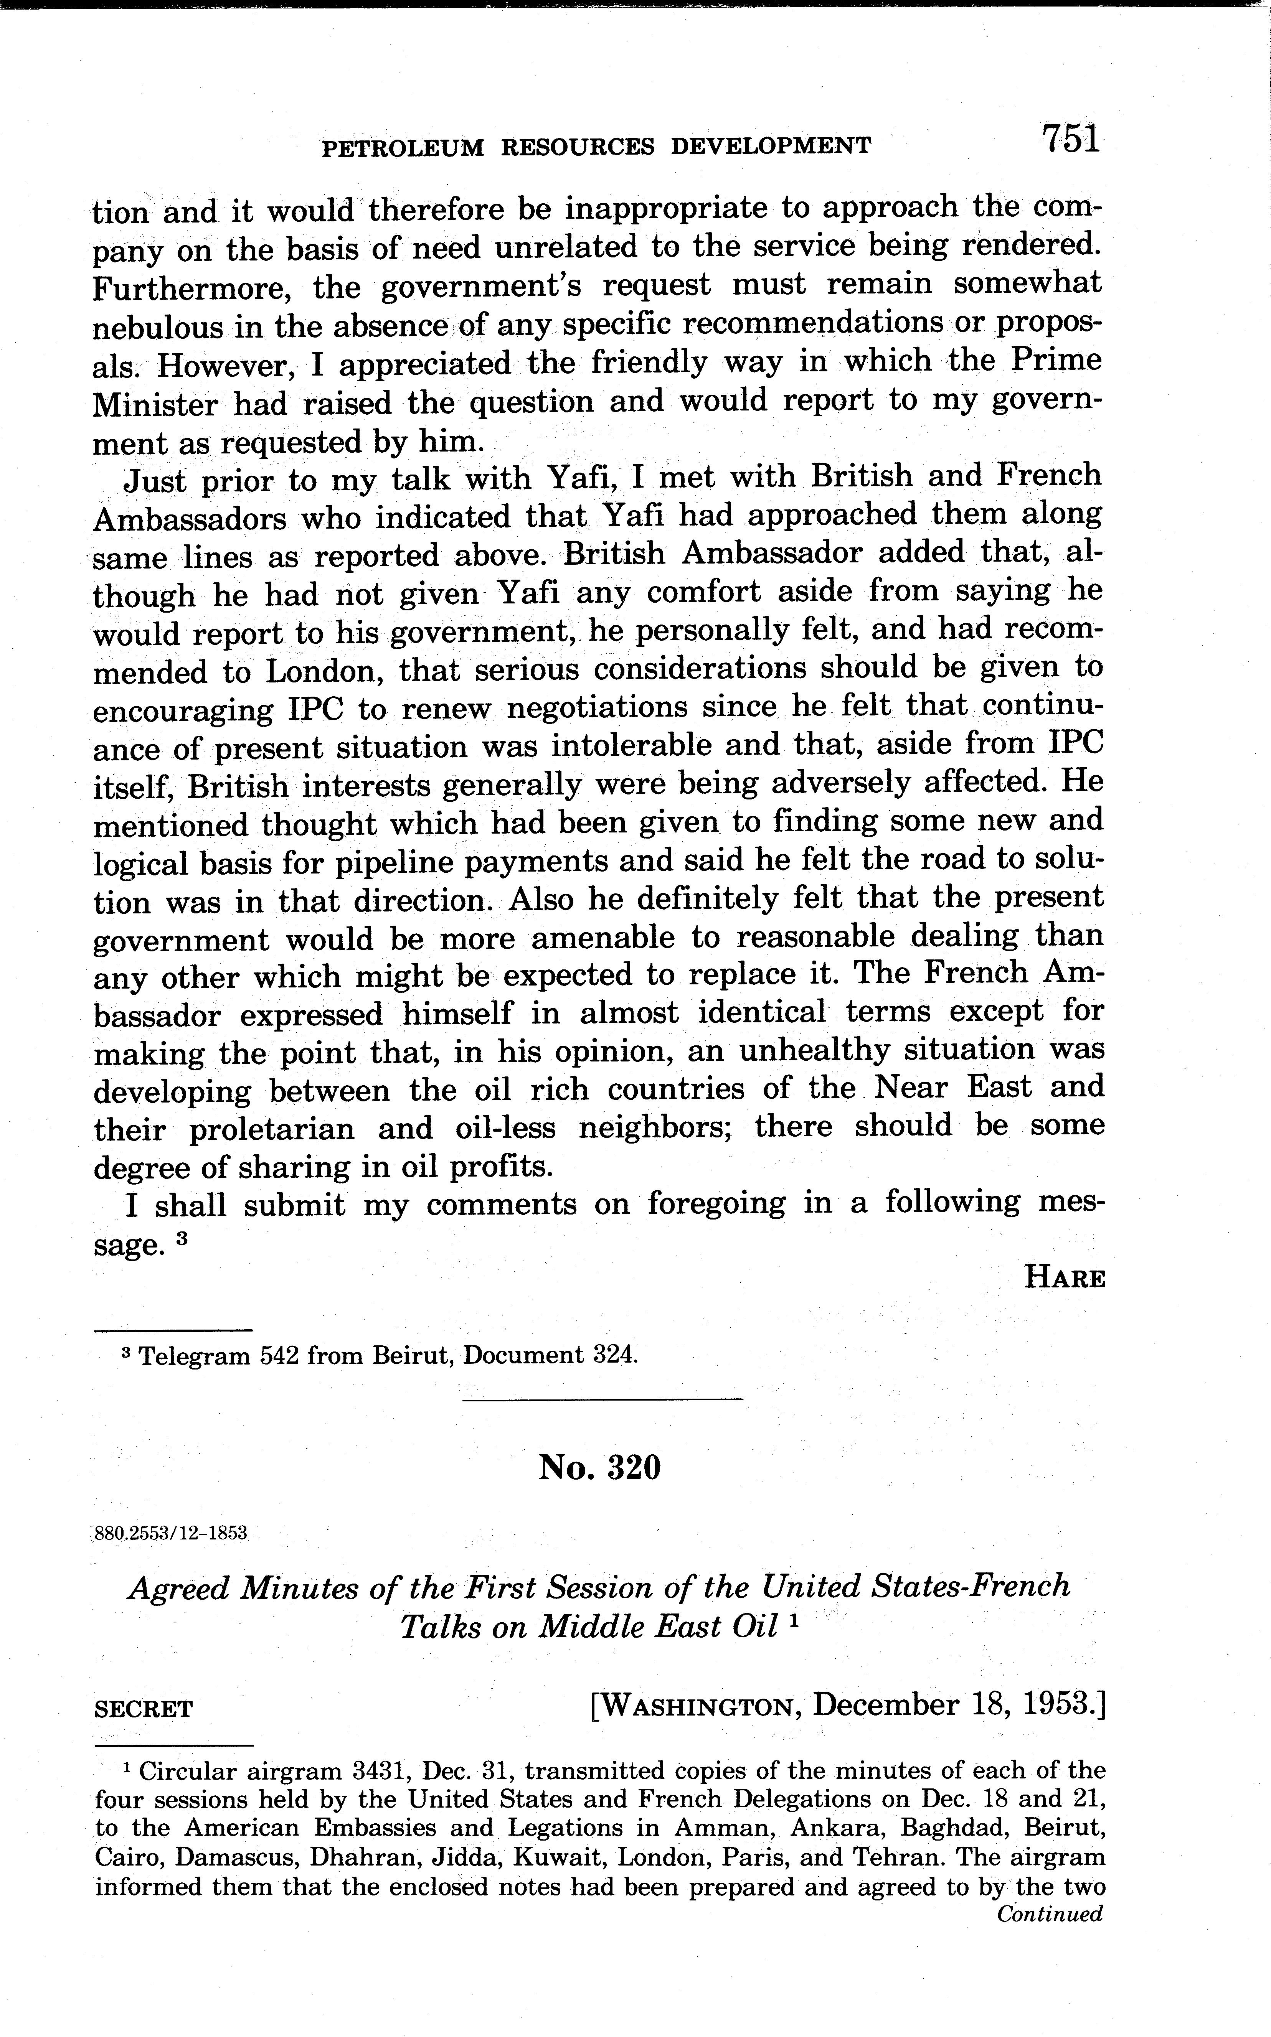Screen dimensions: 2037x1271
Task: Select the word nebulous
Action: tap(158, 327)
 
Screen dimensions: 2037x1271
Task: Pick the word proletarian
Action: tap(272, 1128)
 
